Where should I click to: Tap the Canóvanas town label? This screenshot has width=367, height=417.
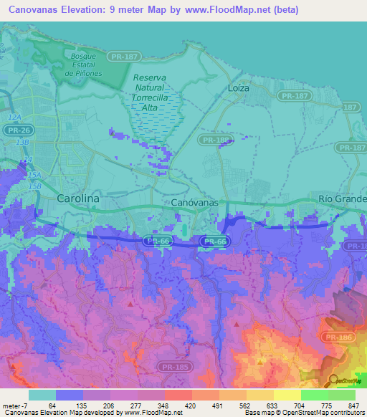[195, 203]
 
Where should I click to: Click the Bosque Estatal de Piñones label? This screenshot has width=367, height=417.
[84, 64]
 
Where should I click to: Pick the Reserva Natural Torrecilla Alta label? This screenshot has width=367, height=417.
[153, 90]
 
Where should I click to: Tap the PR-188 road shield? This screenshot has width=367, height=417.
[215, 140]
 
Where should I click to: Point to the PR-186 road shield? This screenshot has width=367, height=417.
[338, 336]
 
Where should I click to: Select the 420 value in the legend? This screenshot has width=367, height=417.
[191, 405]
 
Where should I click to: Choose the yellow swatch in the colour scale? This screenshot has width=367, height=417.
[287, 394]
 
